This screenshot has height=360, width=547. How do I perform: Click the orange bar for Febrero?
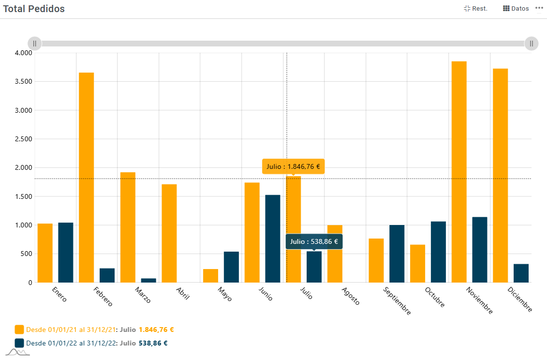point(86,177)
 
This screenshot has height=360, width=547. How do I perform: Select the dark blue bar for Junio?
point(273,239)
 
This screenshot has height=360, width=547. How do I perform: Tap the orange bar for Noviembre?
point(459,172)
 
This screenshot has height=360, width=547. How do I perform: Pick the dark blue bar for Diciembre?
point(521,273)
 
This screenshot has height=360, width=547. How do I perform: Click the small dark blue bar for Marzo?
point(148,280)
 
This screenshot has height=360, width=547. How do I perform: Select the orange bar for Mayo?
point(210,275)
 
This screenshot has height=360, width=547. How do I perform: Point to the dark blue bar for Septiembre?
point(397,254)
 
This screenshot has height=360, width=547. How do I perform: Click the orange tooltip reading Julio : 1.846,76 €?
point(293,166)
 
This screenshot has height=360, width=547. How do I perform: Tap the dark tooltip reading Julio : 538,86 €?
point(314,241)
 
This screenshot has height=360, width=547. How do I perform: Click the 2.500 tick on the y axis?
point(23,139)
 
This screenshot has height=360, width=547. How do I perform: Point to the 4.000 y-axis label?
point(23,53)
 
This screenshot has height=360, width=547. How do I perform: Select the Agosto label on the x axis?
point(351,296)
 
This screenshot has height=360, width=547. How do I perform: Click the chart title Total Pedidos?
point(34,9)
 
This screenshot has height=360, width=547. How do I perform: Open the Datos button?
point(516,8)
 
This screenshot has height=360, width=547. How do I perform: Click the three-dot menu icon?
point(539,8)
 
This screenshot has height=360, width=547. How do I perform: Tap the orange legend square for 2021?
point(19,330)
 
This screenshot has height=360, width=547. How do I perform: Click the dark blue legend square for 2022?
point(19,343)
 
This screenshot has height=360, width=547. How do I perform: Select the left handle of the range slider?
point(35,44)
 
